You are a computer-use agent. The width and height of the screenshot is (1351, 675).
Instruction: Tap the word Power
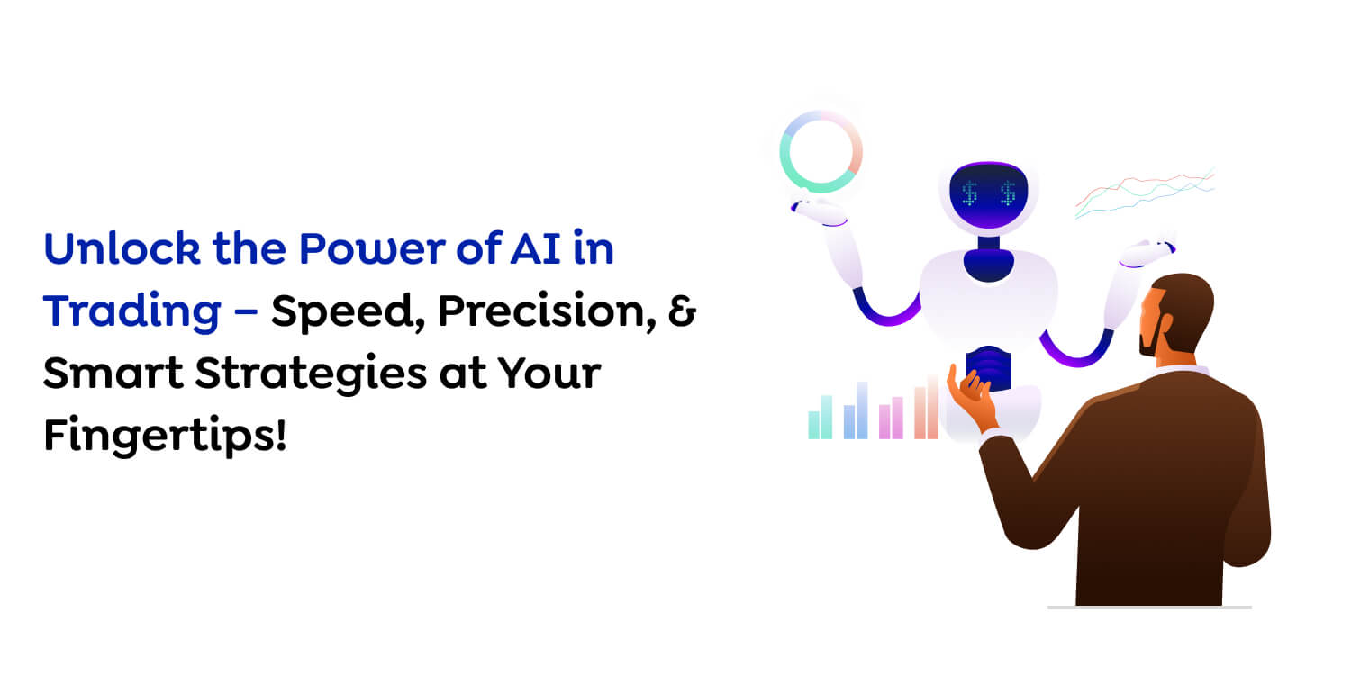click(332, 248)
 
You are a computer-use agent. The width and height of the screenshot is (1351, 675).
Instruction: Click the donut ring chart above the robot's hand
click(821, 150)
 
